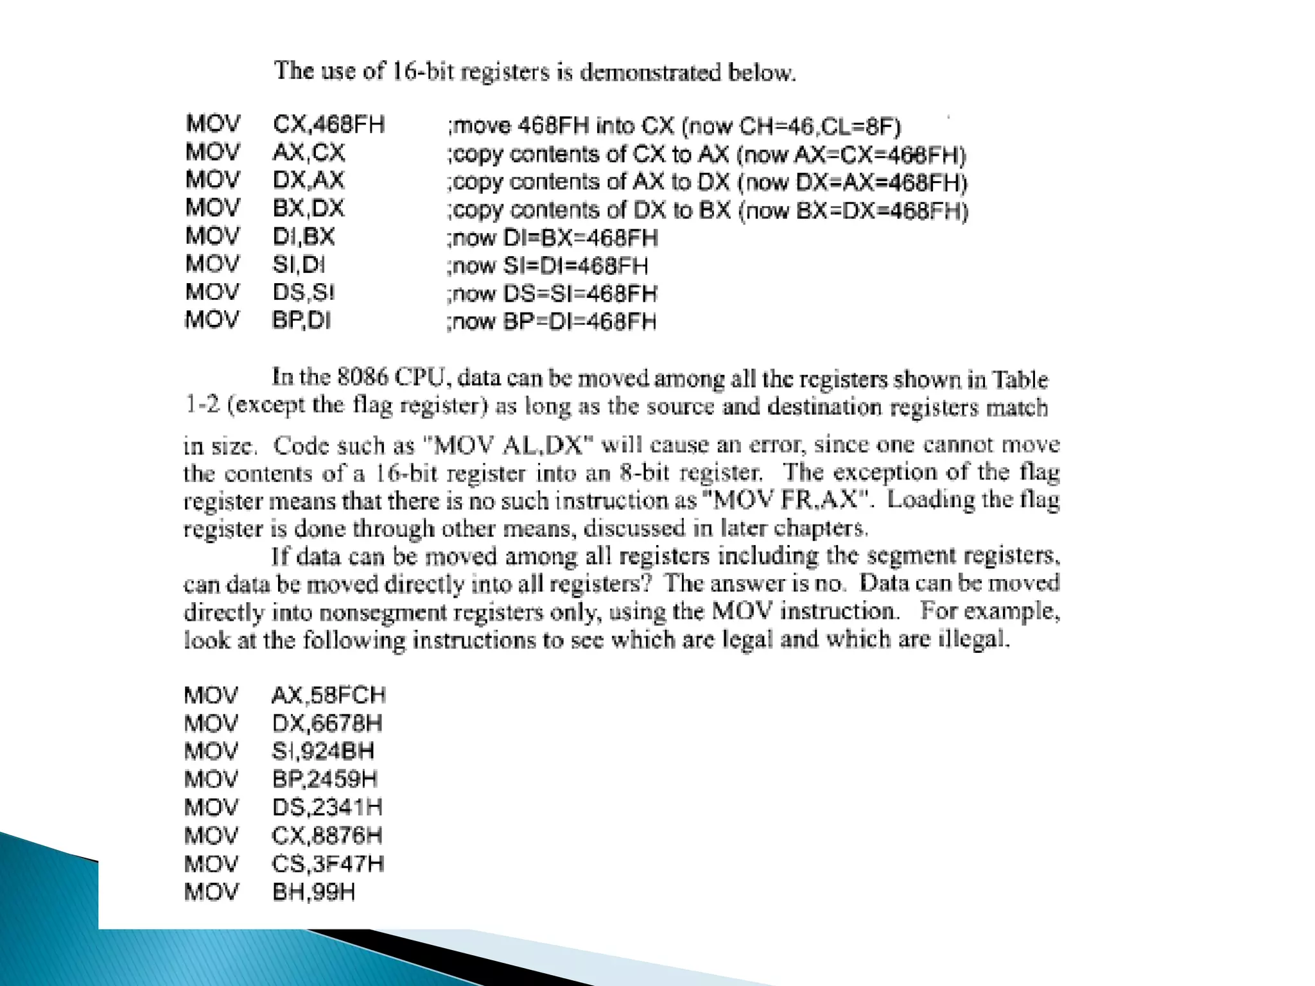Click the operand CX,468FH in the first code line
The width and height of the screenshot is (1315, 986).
[x=328, y=124]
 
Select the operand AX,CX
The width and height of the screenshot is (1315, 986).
[x=309, y=153]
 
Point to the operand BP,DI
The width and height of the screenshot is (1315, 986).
[x=301, y=320]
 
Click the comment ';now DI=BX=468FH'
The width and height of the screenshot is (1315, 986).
[x=552, y=238]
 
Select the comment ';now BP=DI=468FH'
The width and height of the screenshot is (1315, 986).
[x=552, y=321]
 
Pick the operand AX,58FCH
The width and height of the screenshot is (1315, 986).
[x=328, y=695]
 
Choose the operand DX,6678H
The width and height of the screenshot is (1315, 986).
[x=327, y=723]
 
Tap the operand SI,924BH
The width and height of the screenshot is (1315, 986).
[x=323, y=751]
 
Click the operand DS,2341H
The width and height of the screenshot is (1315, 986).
[x=327, y=807]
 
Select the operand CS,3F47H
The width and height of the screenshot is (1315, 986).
[x=327, y=863]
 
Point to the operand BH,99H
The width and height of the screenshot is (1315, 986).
[x=313, y=892]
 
